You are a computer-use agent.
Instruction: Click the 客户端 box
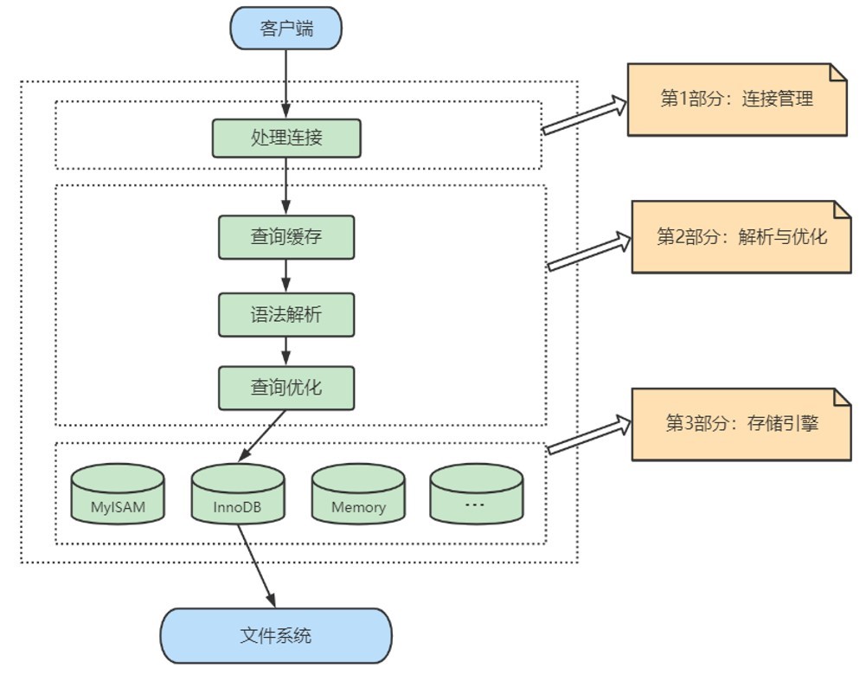coord(285,29)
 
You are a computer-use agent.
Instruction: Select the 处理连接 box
coord(285,138)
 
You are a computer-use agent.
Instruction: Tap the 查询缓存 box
coord(285,236)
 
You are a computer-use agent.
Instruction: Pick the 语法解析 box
coord(285,313)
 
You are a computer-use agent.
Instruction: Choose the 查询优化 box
coord(285,387)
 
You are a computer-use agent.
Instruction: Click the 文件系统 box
coord(276,636)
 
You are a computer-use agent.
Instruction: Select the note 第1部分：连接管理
coord(736,99)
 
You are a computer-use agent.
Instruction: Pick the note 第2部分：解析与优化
coord(741,236)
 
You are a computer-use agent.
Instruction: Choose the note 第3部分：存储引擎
coord(741,423)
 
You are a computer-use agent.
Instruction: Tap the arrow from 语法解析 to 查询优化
coord(285,350)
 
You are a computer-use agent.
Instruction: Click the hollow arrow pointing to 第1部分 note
coord(585,116)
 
